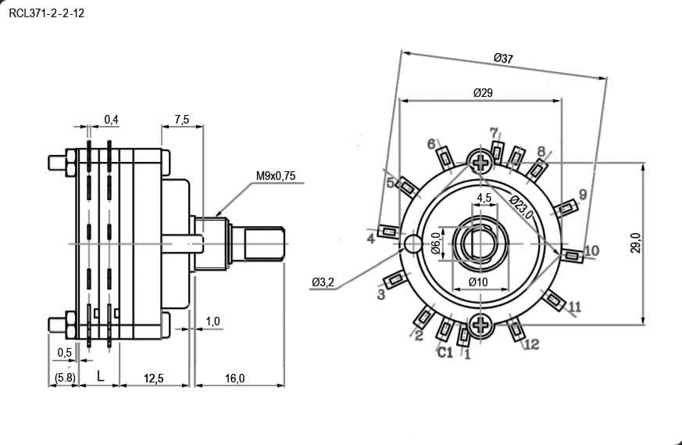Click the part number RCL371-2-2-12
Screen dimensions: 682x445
47,13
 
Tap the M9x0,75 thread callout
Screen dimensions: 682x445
276,176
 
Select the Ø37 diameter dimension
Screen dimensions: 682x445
503,58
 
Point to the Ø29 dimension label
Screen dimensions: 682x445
483,93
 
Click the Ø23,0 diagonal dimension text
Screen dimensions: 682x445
521,206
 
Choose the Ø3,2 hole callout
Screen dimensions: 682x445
323,282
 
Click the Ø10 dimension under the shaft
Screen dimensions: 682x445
478,282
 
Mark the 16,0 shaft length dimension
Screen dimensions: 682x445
234,379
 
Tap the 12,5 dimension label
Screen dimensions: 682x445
154,379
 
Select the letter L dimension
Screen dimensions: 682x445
101,376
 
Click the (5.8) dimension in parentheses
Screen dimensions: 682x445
65,378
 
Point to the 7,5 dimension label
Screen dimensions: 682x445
182,119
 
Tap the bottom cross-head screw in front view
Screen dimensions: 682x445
480,325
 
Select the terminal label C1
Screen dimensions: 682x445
445,352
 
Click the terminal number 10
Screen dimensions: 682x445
591,250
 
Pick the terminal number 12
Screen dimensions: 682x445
531,344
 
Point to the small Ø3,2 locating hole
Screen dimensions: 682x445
412,243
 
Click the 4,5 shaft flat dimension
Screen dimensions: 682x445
484,198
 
